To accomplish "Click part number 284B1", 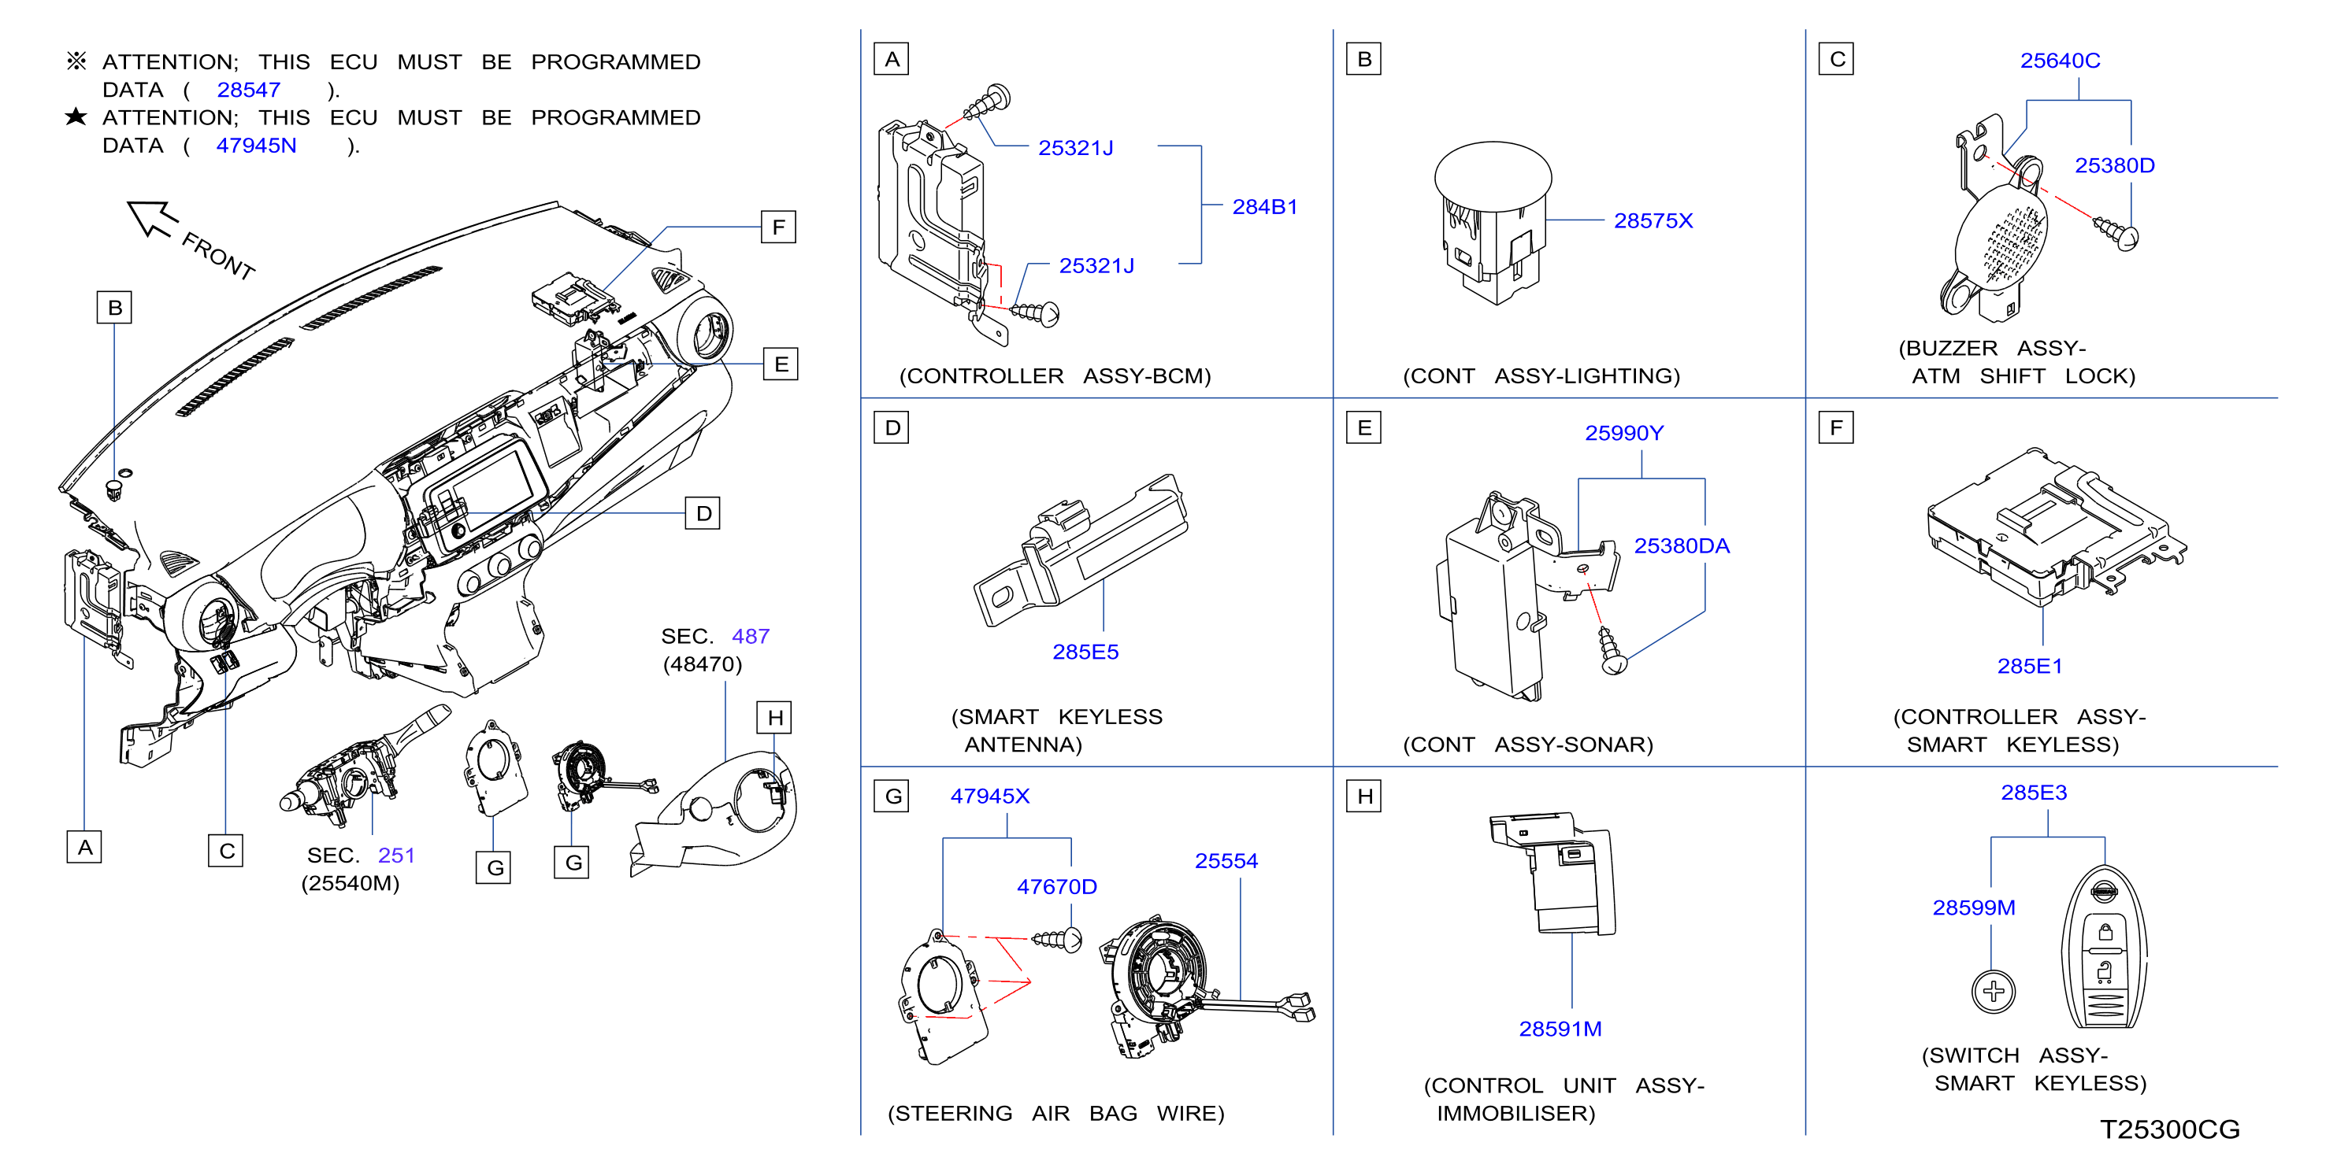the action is tap(1265, 207).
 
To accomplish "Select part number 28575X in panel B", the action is tap(1653, 220).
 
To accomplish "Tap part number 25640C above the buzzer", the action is tap(2060, 61).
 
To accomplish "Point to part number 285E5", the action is tap(1085, 652).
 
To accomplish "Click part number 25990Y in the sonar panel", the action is tap(1624, 434).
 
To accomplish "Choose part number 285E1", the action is tap(2030, 667).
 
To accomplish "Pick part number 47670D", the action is tap(1056, 887).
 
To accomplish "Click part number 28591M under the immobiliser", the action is tap(1560, 1029).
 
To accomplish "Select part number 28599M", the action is tap(1973, 907).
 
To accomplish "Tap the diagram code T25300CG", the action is tap(2169, 1130).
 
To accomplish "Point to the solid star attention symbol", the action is tap(76, 117).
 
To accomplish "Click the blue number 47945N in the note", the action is tap(256, 146).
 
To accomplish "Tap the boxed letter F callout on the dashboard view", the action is tap(777, 227).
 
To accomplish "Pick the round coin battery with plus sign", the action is tap(1993, 991).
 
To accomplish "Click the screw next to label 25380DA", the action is tap(1610, 650).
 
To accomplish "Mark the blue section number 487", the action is tap(751, 637).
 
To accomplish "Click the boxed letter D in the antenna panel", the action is tap(892, 428).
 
